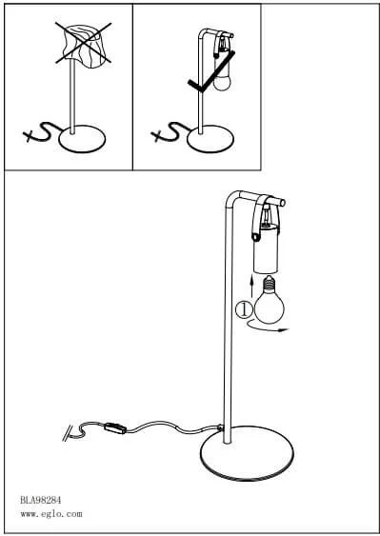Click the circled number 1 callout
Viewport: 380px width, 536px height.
click(244, 309)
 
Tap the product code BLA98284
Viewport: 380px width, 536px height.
click(40, 501)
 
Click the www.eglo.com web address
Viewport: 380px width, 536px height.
click(51, 514)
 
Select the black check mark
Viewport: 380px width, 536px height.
click(210, 71)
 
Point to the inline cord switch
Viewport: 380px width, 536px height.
click(115, 428)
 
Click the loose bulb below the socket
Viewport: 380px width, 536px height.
click(270, 300)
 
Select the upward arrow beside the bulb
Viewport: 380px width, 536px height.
click(251, 287)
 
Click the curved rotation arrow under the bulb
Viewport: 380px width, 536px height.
click(267, 328)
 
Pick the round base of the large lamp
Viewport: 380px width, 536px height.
click(247, 453)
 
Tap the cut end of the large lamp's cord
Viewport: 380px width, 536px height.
click(68, 433)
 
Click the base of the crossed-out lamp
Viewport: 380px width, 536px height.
click(82, 139)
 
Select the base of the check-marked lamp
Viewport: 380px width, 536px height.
click(210, 139)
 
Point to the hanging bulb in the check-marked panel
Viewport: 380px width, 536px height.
click(222, 83)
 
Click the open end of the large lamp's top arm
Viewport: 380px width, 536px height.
click(283, 203)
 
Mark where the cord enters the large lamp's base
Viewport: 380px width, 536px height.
click(219, 427)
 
